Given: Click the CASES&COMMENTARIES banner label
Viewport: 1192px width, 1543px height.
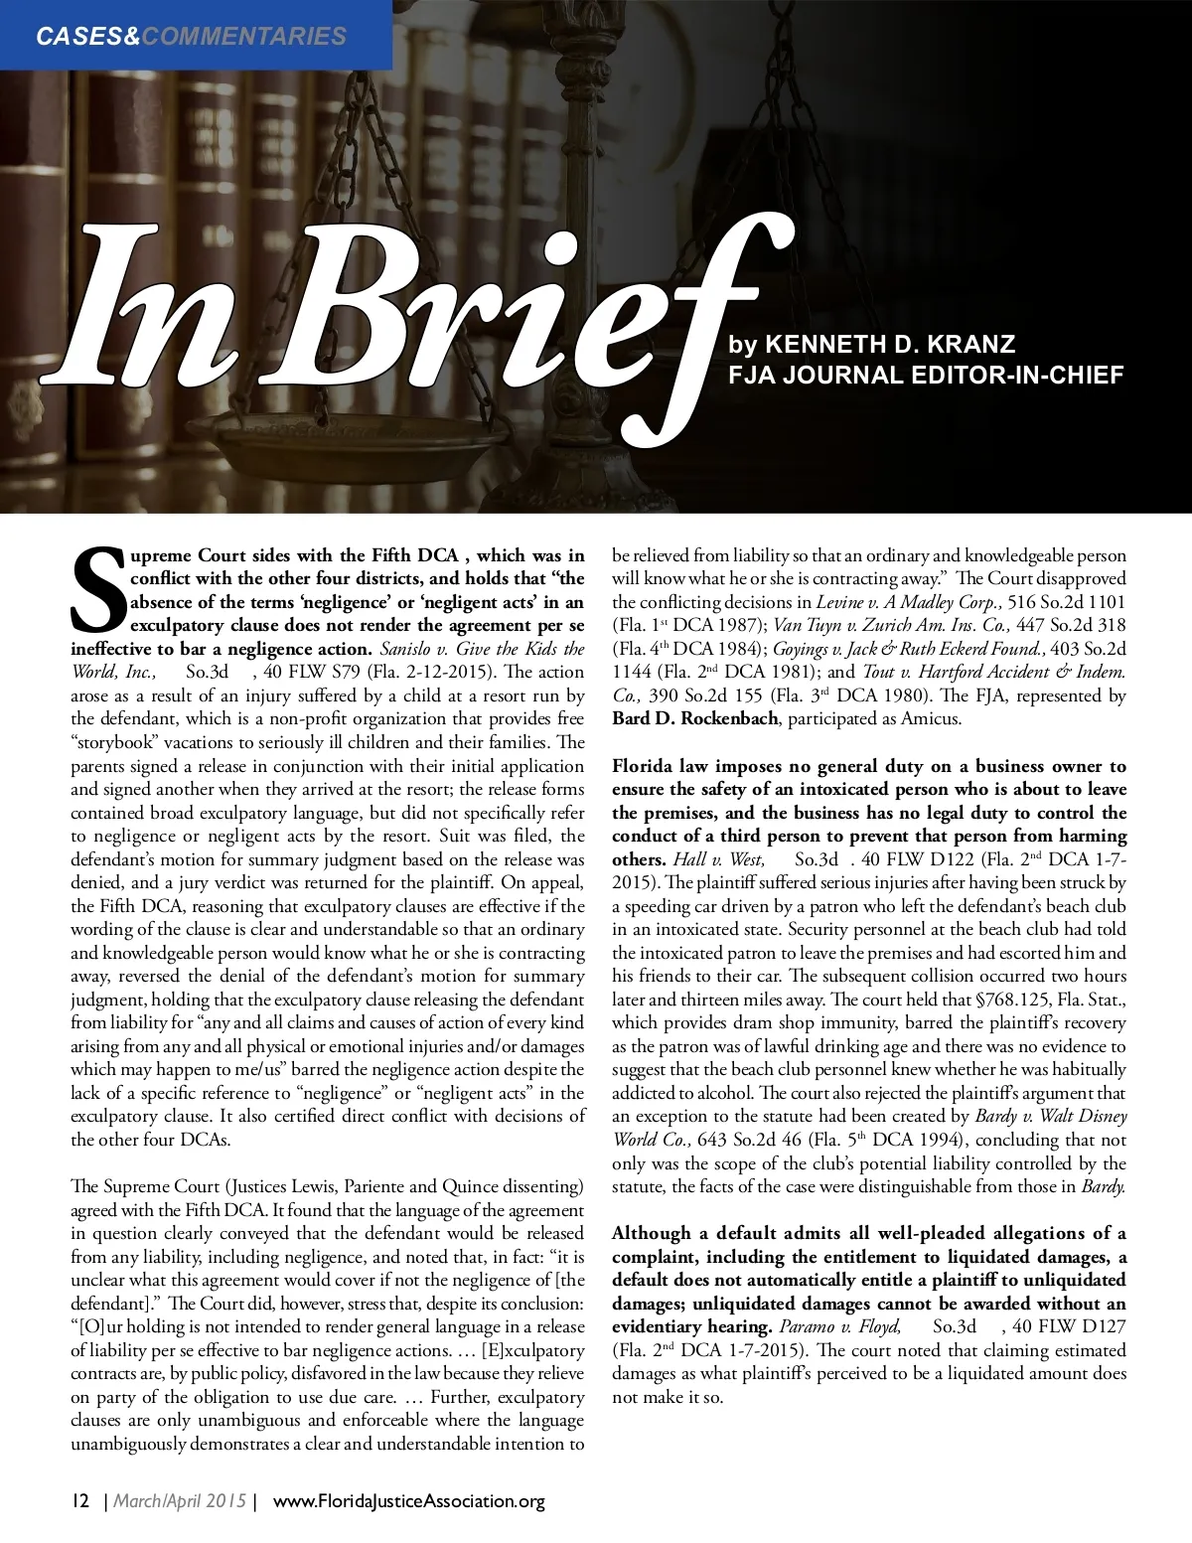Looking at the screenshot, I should coord(191,37).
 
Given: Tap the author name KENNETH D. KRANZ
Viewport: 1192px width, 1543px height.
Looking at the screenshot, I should coord(890,345).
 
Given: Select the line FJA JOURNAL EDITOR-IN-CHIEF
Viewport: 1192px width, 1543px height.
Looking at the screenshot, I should coord(926,376).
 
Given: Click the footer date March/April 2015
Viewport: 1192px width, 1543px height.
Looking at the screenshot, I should coord(180,1500).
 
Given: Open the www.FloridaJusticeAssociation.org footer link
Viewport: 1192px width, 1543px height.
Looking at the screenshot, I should coord(408,1500).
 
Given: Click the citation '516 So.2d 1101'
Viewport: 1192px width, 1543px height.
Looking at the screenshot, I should coord(1067,602).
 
